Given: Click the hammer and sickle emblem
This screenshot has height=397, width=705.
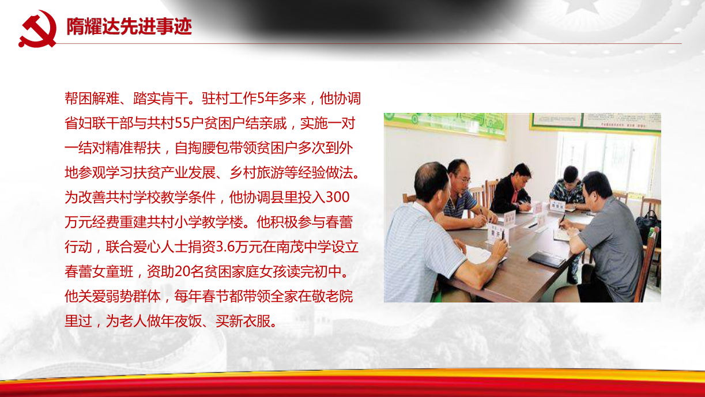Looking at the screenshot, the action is pos(38,29).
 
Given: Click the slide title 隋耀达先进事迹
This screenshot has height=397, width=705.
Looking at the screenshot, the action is pos(129,26).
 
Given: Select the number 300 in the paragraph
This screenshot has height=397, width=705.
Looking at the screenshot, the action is pos(338,197).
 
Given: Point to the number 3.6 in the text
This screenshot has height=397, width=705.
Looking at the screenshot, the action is pos(225,247).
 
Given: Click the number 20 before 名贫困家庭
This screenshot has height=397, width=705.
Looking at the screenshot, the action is pos(182,271).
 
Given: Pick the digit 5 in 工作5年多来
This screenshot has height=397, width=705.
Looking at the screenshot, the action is pos(261,99).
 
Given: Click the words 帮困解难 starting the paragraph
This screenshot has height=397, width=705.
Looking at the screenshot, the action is pos(92,99).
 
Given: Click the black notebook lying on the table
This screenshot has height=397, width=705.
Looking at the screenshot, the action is pos(546,259).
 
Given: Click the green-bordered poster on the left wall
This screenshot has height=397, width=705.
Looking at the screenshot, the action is pos(446,124).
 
